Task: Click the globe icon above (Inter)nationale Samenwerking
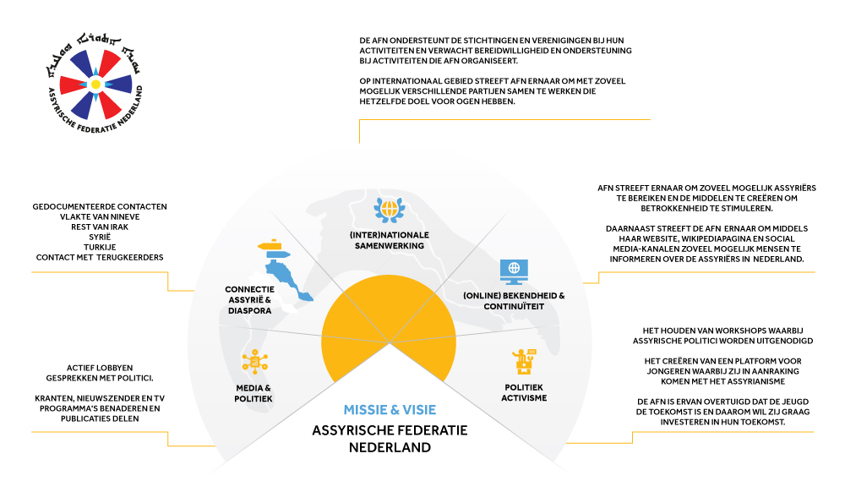[x=390, y=207]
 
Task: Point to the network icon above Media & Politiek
[x=253, y=363]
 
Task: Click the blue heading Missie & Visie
[x=390, y=410]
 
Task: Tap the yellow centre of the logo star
[x=95, y=85]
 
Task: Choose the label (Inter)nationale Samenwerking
[x=390, y=239]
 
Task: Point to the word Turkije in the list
[x=100, y=246]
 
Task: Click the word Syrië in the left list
[x=100, y=236]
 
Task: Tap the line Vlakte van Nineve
[x=100, y=216]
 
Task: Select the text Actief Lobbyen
[x=100, y=367]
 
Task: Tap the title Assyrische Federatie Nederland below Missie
[x=390, y=438]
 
